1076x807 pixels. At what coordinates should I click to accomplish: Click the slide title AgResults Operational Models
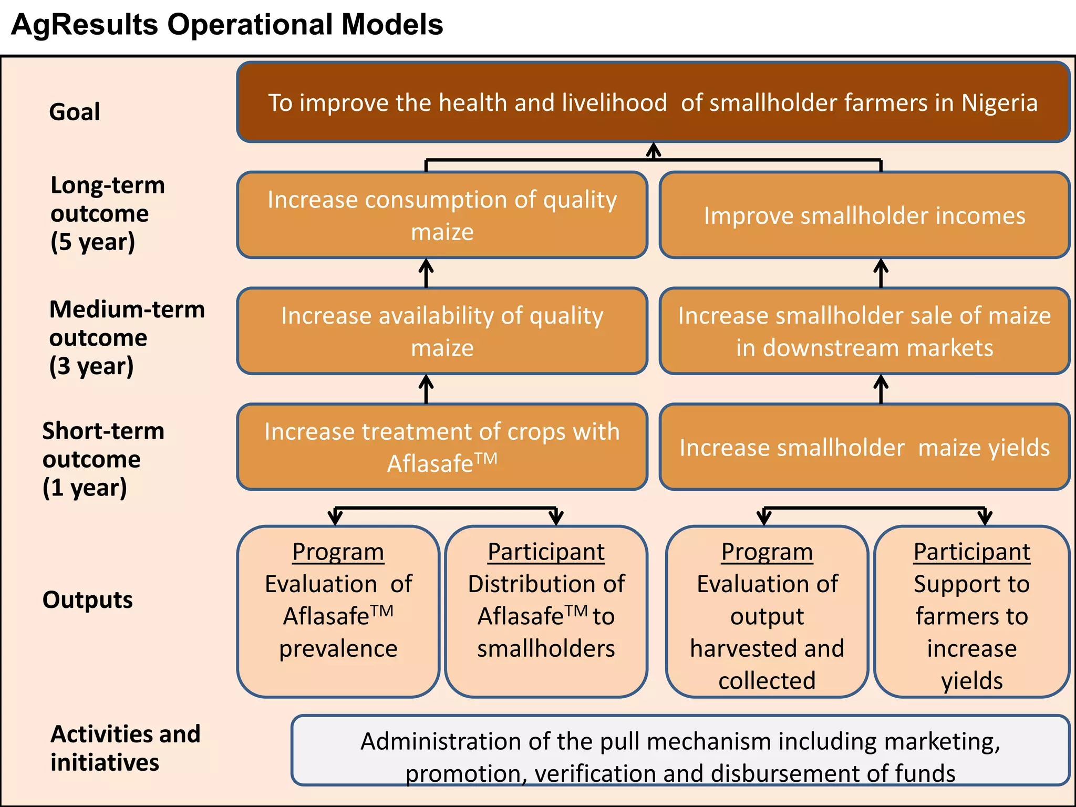click(227, 25)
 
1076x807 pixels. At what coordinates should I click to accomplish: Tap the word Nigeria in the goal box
click(999, 103)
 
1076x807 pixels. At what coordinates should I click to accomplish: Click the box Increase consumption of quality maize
click(442, 215)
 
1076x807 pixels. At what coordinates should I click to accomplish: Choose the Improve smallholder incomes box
click(864, 215)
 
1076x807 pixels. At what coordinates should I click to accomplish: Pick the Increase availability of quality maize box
click(442, 332)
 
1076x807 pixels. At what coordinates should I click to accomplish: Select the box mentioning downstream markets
click(864, 332)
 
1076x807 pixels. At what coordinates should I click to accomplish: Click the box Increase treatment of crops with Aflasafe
click(442, 447)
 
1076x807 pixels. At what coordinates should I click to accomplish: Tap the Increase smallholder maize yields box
click(864, 447)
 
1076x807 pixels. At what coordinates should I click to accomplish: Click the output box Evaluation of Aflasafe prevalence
click(338, 612)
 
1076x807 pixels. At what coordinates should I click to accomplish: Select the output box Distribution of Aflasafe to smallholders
click(546, 612)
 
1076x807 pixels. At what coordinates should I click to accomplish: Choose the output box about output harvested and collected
click(767, 612)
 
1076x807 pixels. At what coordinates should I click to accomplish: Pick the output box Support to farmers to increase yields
click(971, 612)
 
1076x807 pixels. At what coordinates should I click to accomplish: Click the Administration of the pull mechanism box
click(680, 751)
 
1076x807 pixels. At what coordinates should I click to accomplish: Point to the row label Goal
click(74, 112)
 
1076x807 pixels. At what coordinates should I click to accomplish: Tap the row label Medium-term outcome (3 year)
click(126, 337)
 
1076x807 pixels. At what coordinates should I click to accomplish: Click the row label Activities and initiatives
click(125, 748)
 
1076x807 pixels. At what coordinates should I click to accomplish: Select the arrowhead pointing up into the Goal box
click(653, 150)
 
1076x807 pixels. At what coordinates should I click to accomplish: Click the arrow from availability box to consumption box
click(426, 273)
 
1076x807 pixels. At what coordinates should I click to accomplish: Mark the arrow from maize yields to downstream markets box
click(881, 389)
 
